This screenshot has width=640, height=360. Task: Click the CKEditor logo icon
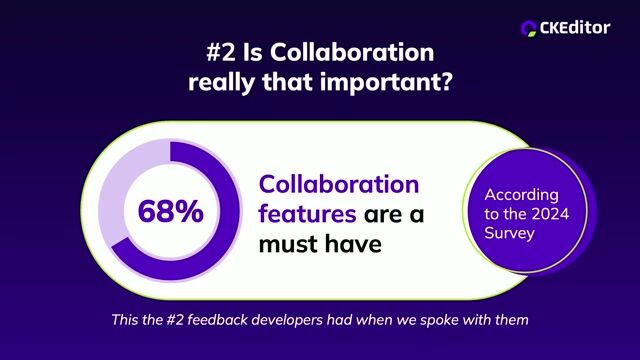pyautogui.click(x=530, y=27)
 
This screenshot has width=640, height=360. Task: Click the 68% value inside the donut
pyautogui.click(x=170, y=211)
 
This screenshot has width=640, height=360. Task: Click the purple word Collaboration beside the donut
pyautogui.click(x=339, y=184)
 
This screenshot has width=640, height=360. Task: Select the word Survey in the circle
pyautogui.click(x=509, y=235)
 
